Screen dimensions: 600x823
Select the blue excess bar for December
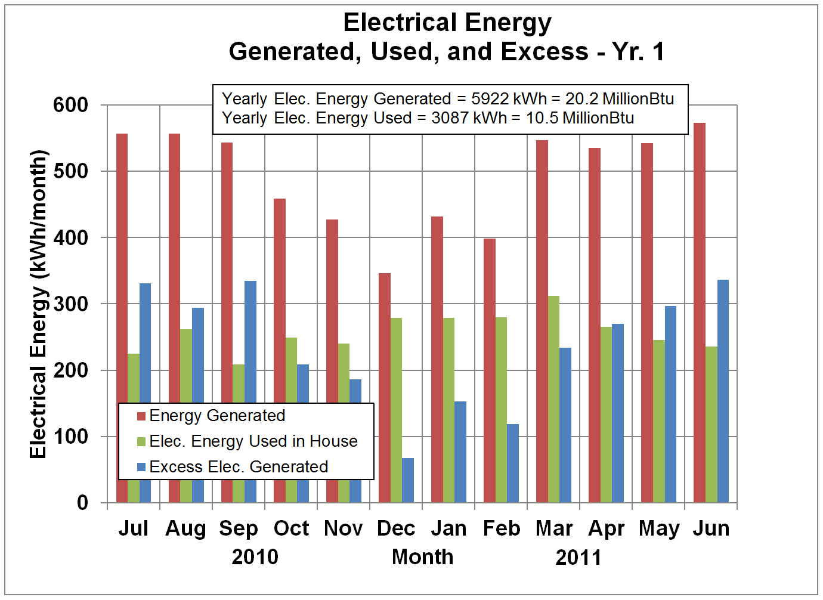[x=408, y=480]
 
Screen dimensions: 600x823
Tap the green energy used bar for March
[x=553, y=399]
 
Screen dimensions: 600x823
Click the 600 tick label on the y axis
[x=70, y=105]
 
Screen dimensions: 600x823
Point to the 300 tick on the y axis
[x=70, y=304]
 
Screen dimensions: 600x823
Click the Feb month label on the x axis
[x=501, y=528]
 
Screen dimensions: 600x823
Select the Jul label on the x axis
[x=133, y=528]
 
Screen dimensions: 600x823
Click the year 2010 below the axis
[x=255, y=557]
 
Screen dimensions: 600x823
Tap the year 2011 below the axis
[x=578, y=558]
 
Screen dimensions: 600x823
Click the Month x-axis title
[x=422, y=557]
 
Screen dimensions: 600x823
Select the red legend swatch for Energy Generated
[x=141, y=416]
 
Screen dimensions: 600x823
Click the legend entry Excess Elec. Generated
[x=239, y=466]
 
